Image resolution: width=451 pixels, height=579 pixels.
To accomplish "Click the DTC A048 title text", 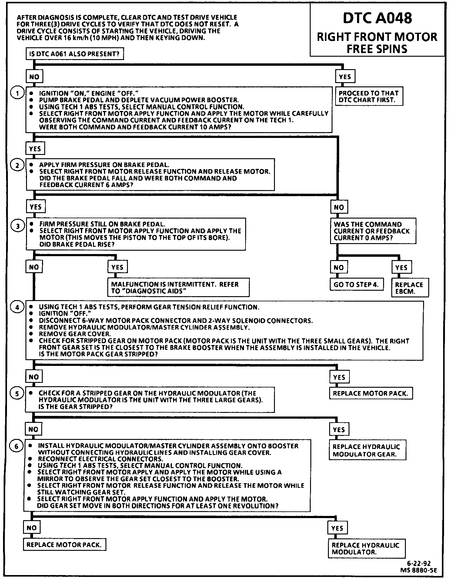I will pyautogui.click(x=377, y=18).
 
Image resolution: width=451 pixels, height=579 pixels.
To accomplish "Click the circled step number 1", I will pyautogui.click(x=17, y=93).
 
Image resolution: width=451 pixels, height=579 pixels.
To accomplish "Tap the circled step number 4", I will pyautogui.click(x=17, y=307).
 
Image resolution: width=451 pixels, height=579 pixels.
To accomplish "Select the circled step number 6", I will pyautogui.click(x=16, y=446).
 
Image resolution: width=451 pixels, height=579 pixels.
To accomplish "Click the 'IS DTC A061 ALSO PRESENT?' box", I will pyautogui.click(x=75, y=54).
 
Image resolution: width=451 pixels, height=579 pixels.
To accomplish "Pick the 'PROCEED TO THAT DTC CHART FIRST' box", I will pyautogui.click(x=369, y=97).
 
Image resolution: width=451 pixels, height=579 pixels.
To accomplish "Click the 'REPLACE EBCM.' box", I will pyautogui.click(x=410, y=288).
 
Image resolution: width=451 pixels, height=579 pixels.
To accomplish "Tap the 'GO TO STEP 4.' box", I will pyautogui.click(x=356, y=285).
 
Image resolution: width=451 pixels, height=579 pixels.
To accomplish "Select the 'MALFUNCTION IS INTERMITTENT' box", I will pyautogui.click(x=178, y=288).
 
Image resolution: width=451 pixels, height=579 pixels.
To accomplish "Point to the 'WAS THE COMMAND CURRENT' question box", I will pyautogui.click(x=372, y=231).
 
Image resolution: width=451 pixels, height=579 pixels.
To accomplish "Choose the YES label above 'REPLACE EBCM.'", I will pyautogui.click(x=401, y=267).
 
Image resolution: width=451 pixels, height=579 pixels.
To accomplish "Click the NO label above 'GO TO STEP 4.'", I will pyautogui.click(x=339, y=267).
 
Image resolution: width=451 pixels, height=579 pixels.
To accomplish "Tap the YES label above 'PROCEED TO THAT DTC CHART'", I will pyautogui.click(x=345, y=77).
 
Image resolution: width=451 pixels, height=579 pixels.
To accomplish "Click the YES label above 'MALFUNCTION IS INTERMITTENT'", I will pyautogui.click(x=117, y=267).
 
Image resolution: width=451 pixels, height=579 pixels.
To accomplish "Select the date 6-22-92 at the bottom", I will pyautogui.click(x=419, y=563).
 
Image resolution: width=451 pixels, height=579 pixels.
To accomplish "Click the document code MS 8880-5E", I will pyautogui.click(x=418, y=570).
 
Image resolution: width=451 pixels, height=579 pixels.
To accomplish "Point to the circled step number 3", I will pyautogui.click(x=18, y=226).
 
